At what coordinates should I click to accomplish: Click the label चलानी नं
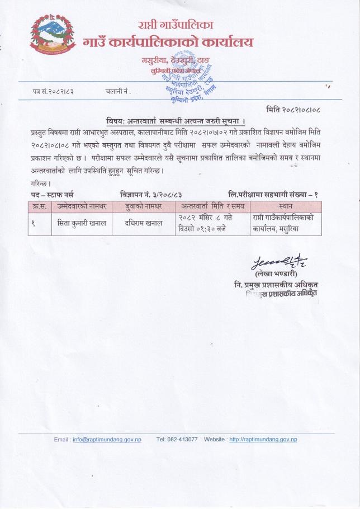coord(117,91)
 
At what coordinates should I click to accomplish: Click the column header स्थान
coord(286,206)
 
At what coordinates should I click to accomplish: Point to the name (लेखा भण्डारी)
coord(271,275)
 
